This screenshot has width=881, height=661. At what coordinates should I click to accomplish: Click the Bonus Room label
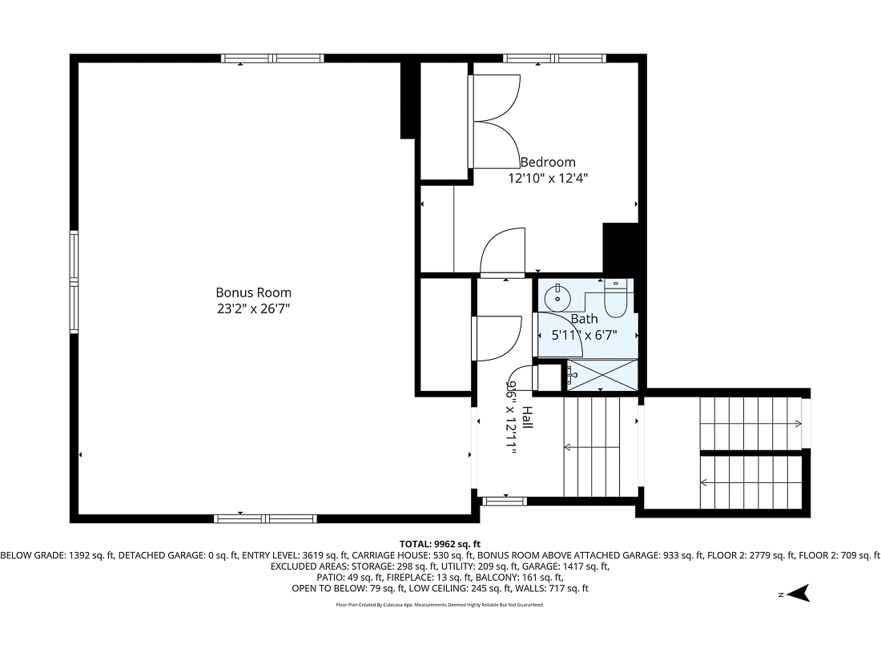(253, 293)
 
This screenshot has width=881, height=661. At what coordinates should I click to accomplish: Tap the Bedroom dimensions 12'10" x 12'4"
(548, 178)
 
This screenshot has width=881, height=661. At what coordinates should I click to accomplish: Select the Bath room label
(584, 319)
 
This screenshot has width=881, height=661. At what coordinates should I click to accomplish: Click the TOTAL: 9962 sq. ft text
(440, 543)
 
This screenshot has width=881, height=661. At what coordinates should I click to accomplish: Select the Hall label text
(527, 417)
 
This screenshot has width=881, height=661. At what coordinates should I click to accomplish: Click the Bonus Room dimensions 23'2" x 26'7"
(253, 308)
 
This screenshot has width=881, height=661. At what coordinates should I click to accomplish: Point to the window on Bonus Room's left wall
(74, 281)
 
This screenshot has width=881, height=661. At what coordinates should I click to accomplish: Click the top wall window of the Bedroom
(554, 58)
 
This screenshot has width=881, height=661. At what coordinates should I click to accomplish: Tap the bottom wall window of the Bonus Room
(265, 518)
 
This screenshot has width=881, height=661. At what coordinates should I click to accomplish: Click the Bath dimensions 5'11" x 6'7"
(585, 336)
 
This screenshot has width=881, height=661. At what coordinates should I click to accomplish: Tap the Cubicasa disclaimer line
(440, 605)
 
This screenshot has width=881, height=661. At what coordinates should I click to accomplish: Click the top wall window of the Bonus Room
(272, 58)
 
